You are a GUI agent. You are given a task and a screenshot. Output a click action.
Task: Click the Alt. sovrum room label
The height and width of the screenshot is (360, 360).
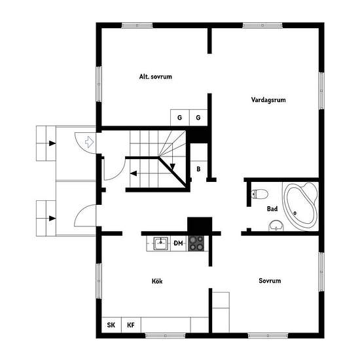tap(155, 77)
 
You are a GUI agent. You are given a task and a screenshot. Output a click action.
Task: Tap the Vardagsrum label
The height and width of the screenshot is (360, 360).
tap(268, 100)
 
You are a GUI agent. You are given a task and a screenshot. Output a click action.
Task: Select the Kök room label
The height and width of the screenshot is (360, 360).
tap(157, 281)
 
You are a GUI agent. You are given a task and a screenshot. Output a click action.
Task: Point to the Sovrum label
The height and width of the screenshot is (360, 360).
tap(270, 281)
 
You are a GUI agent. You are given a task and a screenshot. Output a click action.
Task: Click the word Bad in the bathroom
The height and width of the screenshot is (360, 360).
tap(272, 209)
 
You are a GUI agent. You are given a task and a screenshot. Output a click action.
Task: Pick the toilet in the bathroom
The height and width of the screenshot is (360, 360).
tap(259, 194)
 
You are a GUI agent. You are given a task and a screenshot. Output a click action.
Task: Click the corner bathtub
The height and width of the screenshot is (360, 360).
tap(300, 206)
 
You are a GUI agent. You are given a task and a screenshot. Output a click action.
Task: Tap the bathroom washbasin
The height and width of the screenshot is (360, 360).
tap(276, 225)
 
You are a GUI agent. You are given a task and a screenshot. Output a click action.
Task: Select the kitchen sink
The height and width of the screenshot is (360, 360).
tap(161, 243)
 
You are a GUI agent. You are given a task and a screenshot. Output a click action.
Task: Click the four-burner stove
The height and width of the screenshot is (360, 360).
tap(196, 243)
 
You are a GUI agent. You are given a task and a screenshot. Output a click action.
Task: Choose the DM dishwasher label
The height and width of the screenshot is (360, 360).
tap(178, 243)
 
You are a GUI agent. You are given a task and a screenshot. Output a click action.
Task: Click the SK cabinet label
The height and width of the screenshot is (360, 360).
tap(111, 325)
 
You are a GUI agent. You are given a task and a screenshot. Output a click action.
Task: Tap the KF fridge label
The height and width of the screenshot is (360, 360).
tap(131, 325)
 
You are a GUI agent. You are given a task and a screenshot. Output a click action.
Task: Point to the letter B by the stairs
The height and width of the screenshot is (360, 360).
tap(198, 170)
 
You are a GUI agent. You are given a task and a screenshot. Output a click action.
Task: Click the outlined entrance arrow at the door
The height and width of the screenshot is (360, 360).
tap(89, 141)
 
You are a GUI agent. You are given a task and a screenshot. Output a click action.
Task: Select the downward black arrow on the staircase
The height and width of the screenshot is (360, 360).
tap(172, 167)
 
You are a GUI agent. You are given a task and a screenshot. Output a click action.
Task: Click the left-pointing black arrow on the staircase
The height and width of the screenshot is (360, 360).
tap(134, 173)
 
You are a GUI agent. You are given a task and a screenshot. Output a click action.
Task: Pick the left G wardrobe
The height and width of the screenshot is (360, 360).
tap(180, 118)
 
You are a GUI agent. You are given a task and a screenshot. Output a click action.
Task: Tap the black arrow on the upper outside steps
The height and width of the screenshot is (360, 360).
tap(52, 143)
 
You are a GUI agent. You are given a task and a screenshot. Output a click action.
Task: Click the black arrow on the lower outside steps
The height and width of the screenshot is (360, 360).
tap(52, 219)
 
